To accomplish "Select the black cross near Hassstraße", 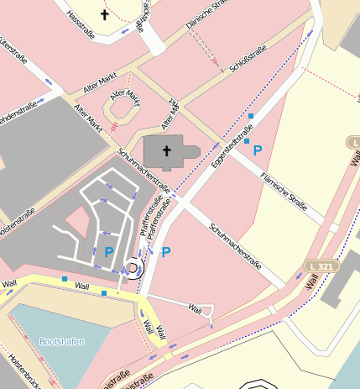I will (x=105, y=14).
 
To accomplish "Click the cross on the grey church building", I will (x=166, y=151).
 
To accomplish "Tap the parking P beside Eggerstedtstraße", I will (x=258, y=150).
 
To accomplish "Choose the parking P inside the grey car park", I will (x=109, y=251).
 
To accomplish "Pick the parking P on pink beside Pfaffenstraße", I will (x=166, y=252).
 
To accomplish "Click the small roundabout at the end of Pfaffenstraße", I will (x=132, y=268).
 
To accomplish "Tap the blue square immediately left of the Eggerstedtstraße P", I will (x=247, y=140).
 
